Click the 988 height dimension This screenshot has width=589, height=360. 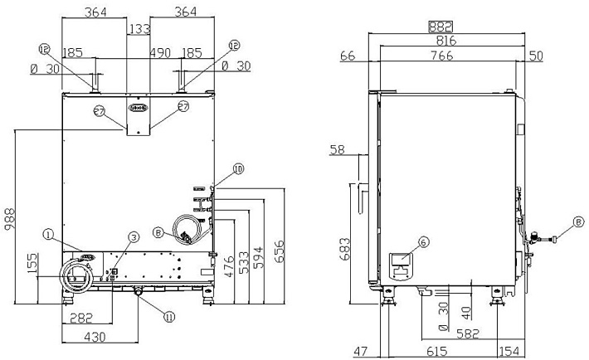[x=7, y=219]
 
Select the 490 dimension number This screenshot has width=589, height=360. [x=160, y=52]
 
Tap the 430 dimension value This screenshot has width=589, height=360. [x=98, y=338]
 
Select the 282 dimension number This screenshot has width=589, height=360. [x=80, y=317]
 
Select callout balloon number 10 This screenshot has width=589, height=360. [x=238, y=168]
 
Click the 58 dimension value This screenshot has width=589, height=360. [x=337, y=150]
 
